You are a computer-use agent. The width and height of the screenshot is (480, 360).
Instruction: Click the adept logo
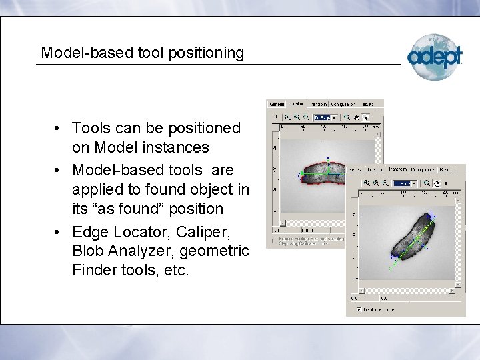coord(435,56)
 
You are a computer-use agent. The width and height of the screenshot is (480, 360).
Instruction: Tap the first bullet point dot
coord(59,127)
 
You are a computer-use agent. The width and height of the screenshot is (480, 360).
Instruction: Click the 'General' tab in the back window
coord(276,104)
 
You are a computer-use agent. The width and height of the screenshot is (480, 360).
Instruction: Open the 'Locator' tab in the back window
coord(296,103)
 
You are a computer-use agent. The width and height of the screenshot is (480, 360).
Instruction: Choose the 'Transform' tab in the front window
coord(397,169)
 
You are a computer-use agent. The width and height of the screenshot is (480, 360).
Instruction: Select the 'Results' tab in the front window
coord(455,169)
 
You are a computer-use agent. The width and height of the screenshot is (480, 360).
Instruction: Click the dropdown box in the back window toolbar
coord(323,117)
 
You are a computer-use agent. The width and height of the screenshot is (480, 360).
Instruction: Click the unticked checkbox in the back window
coord(274,239)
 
